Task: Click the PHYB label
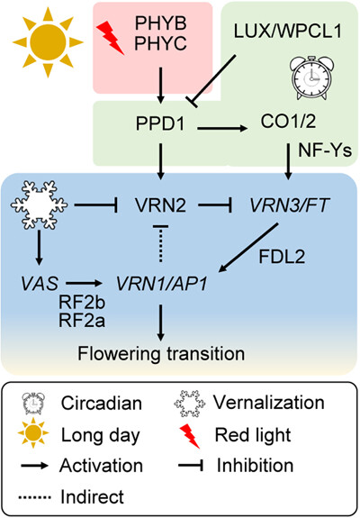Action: (x=161, y=23)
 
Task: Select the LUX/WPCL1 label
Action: (x=288, y=31)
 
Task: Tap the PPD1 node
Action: (x=161, y=124)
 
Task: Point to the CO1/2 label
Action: (x=288, y=122)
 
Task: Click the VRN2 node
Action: (x=161, y=205)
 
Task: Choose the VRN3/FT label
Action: (x=290, y=205)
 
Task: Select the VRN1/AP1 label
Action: (x=161, y=284)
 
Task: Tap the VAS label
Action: (x=40, y=284)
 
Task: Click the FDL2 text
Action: (x=282, y=257)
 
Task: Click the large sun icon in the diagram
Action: (x=48, y=42)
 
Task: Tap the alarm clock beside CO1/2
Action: (x=310, y=77)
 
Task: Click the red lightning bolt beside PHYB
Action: (x=110, y=37)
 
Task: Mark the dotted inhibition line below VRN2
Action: (x=161, y=244)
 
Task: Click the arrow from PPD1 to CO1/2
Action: (x=222, y=128)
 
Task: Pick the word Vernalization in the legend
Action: (x=269, y=403)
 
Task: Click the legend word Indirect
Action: (x=92, y=496)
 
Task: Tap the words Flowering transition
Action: (x=161, y=353)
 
